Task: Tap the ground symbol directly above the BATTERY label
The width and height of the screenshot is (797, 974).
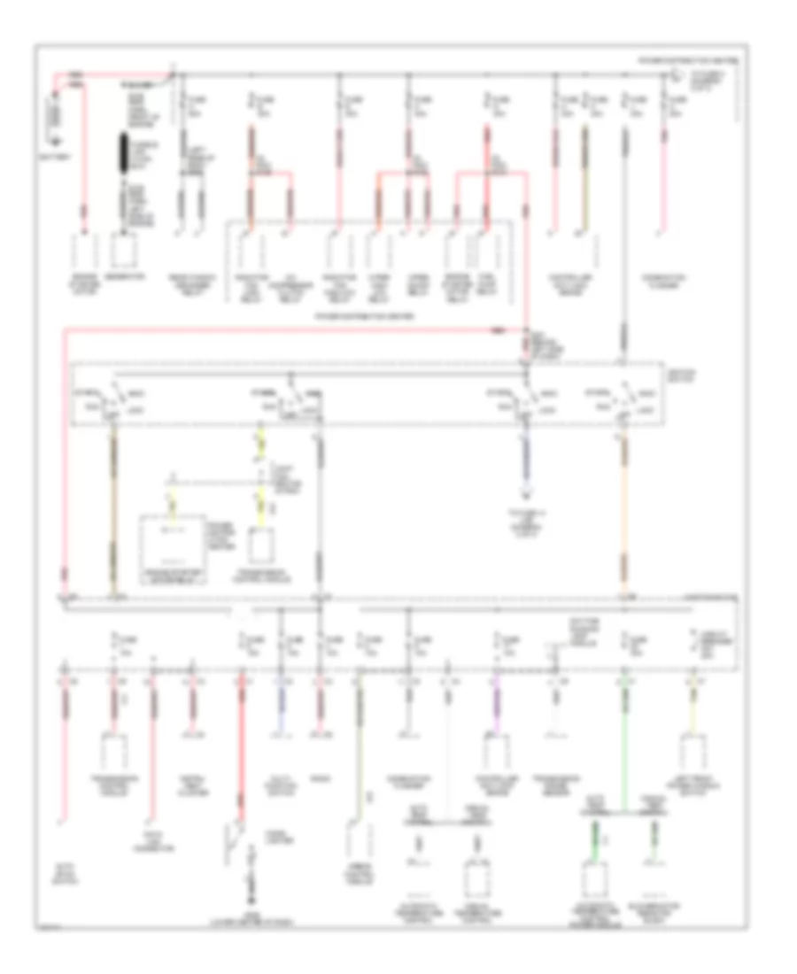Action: pos(54,140)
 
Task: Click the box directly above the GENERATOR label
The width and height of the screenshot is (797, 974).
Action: pos(125,252)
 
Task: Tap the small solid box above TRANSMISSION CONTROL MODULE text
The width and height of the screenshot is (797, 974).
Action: pos(259,546)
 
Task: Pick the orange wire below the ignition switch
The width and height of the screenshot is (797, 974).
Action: pos(623,514)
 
